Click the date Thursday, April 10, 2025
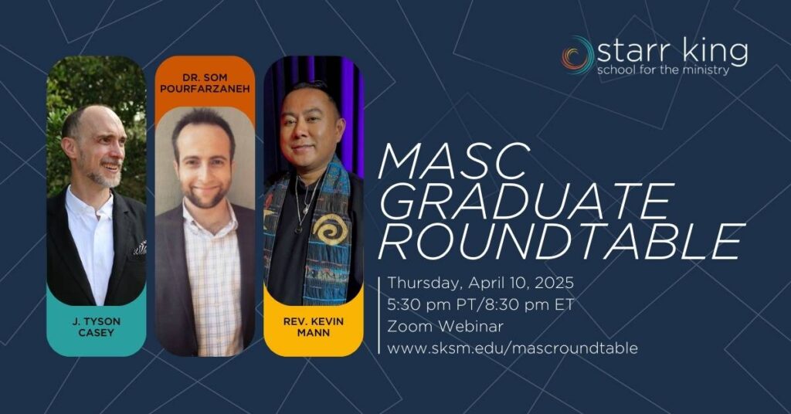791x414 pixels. tap(480, 283)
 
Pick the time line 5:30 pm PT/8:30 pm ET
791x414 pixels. tap(480, 305)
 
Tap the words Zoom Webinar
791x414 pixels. tap(445, 326)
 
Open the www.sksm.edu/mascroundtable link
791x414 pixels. tap(512, 348)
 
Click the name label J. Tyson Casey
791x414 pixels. tap(96, 327)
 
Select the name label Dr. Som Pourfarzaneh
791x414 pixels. tap(205, 83)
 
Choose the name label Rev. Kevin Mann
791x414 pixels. tap(314, 327)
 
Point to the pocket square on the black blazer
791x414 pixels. tap(141, 248)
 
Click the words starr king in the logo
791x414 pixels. tap(672, 51)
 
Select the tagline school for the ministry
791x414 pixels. tap(664, 70)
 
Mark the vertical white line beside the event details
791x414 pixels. tap(379, 315)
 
